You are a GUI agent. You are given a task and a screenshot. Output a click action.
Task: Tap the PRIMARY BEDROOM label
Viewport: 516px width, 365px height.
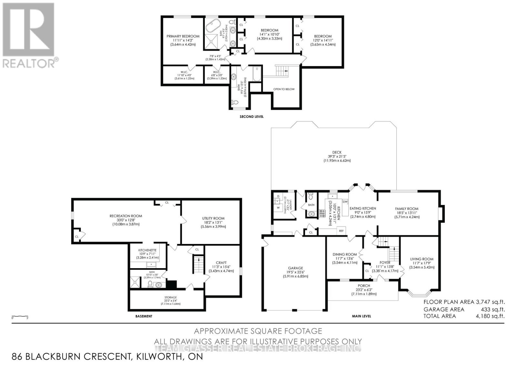coord(183,36)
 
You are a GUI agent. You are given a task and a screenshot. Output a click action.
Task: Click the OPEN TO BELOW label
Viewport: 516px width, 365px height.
coord(284,89)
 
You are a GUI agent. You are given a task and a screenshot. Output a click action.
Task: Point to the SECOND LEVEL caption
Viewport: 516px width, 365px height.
coord(252,117)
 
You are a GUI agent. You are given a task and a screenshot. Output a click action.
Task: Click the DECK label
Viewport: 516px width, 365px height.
coord(337,152)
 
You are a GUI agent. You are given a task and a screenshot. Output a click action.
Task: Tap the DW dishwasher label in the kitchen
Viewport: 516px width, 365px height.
coord(345,202)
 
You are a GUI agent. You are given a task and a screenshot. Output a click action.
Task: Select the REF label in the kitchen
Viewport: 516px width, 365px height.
coord(341,231)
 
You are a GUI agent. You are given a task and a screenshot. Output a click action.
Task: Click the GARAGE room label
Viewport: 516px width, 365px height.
coord(295,268)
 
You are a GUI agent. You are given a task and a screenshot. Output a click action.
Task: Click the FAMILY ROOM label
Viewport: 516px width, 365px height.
coord(407,209)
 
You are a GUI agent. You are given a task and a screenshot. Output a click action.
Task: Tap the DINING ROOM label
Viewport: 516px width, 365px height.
coord(344,254)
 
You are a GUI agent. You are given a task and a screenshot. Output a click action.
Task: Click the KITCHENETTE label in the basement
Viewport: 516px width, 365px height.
coord(147,250)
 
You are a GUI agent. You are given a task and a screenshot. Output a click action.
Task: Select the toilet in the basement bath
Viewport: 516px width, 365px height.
coord(150,284)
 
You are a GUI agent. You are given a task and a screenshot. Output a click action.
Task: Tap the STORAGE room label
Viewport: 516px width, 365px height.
coord(170,297)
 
